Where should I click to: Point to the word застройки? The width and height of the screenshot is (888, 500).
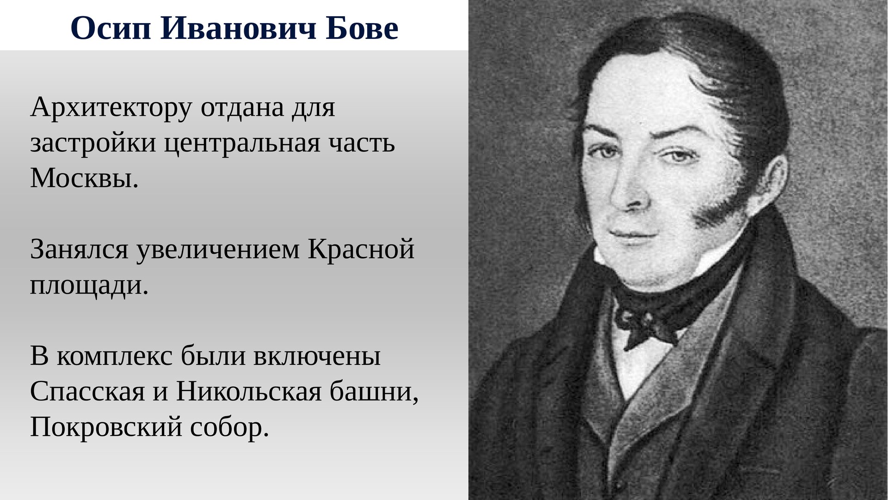click(x=93, y=144)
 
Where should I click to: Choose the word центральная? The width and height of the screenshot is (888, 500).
click(x=242, y=144)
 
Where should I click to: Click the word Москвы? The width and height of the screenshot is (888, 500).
click(x=85, y=178)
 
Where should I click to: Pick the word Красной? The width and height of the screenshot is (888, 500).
click(x=361, y=250)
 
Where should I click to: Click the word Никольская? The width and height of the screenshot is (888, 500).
click(x=248, y=392)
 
